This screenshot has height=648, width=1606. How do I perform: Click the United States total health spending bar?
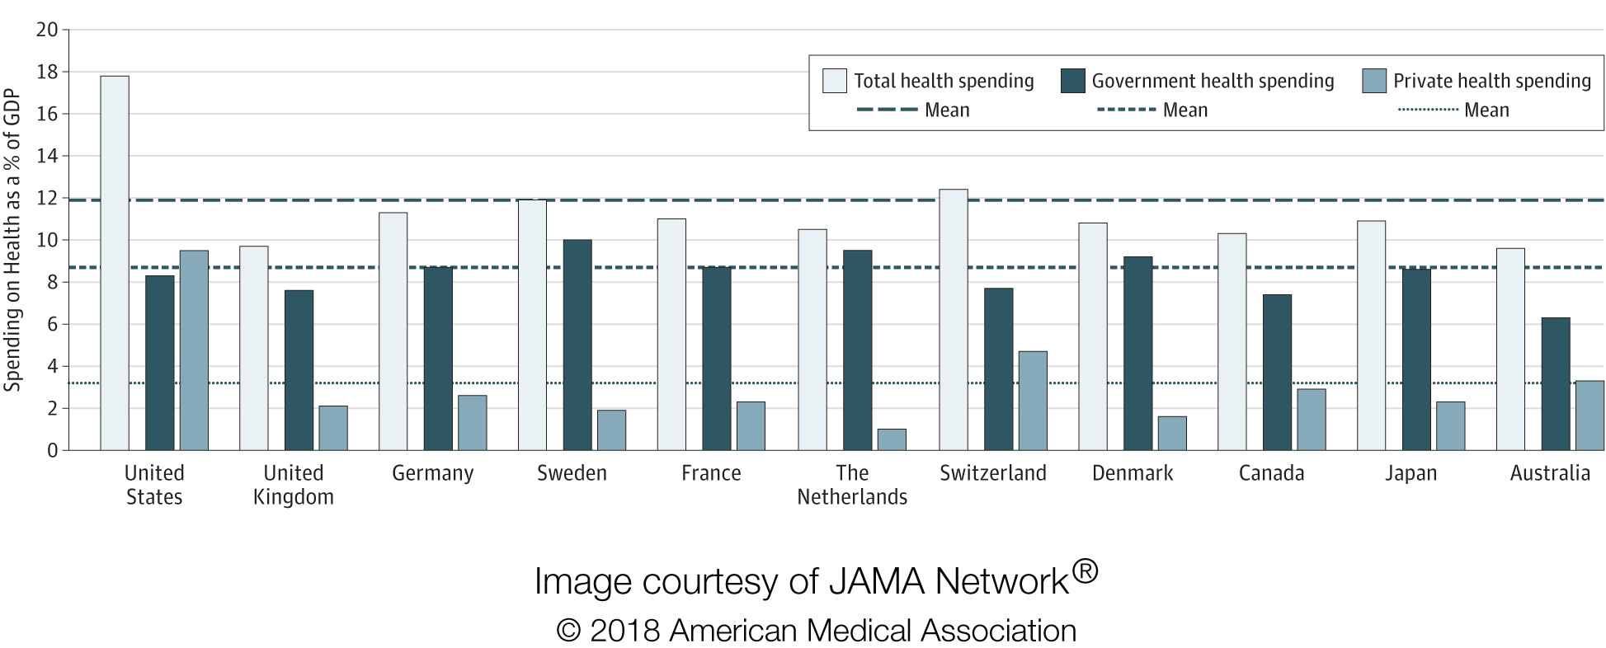click(x=115, y=263)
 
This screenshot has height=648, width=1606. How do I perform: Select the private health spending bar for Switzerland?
click(x=1033, y=401)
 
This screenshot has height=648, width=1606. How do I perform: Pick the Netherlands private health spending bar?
click(x=892, y=439)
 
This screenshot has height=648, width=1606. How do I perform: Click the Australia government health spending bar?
click(x=1556, y=384)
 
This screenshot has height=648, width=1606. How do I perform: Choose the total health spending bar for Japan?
click(x=1372, y=336)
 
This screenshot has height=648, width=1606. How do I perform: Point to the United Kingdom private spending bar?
click(x=333, y=428)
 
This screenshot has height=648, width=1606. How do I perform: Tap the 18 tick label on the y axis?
click(x=47, y=72)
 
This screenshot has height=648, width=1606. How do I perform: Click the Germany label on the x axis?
click(x=433, y=473)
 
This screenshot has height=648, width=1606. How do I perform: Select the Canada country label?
click(x=1271, y=473)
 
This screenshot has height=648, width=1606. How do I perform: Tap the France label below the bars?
click(x=711, y=473)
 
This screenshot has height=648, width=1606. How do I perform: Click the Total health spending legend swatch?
click(x=835, y=81)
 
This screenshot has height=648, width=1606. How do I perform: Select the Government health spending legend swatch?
click(x=1072, y=81)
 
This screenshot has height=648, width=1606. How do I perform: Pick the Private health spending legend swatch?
click(x=1374, y=81)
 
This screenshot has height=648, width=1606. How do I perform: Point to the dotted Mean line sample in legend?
click(x=1429, y=110)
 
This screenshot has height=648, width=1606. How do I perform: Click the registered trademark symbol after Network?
click(x=1086, y=571)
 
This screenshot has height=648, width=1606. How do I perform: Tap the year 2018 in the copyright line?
click(x=624, y=631)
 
